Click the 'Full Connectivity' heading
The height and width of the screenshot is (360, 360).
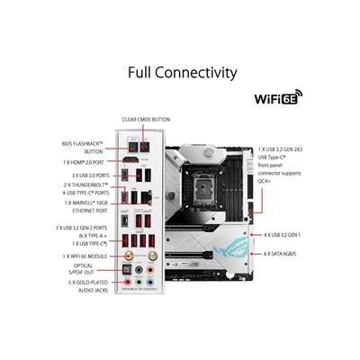click(183, 73)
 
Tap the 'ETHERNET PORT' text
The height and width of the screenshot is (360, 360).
click(90, 210)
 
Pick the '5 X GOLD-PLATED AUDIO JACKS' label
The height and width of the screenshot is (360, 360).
click(89, 288)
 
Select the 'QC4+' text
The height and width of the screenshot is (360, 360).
click(267, 181)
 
